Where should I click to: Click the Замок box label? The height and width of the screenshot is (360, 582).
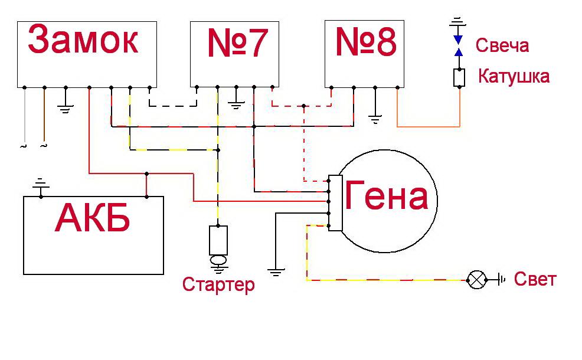pos(83,42)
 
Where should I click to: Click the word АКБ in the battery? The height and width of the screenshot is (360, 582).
pos(93,220)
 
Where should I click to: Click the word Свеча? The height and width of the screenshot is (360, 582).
pos(502,46)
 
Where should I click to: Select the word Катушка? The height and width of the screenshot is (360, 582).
pos(513,77)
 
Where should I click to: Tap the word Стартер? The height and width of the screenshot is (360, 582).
pos(218,285)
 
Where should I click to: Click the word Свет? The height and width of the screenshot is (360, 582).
pos(535,279)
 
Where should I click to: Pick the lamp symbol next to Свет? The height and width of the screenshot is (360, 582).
pos(475,280)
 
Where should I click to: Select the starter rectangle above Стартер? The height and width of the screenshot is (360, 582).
pos(218,240)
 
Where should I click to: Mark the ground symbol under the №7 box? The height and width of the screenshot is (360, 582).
pos(236,104)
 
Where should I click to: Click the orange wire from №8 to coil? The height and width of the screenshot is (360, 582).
pos(428,126)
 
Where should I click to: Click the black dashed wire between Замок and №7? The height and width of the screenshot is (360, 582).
pos(172,106)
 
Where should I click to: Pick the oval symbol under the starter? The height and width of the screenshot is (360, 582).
pos(218,260)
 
